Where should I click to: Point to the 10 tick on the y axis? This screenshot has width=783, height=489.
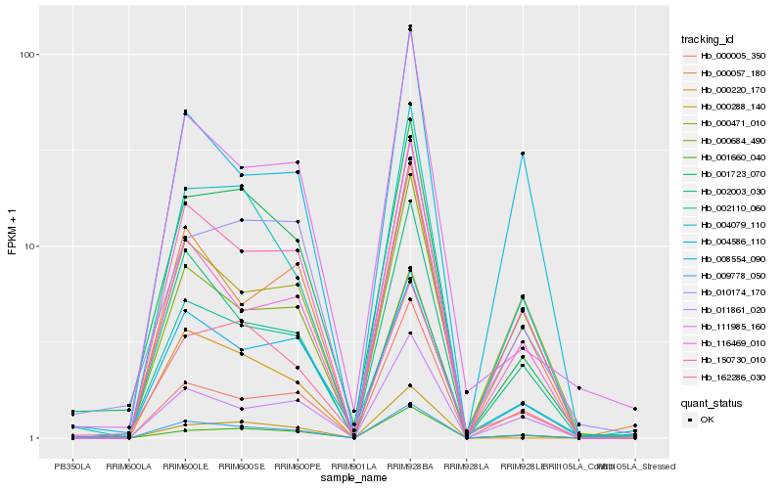[30, 246]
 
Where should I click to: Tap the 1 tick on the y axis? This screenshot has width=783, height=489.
[33, 438]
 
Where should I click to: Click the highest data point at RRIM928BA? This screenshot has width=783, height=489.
[409, 26]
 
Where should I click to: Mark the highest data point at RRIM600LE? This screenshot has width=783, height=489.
[184, 111]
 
